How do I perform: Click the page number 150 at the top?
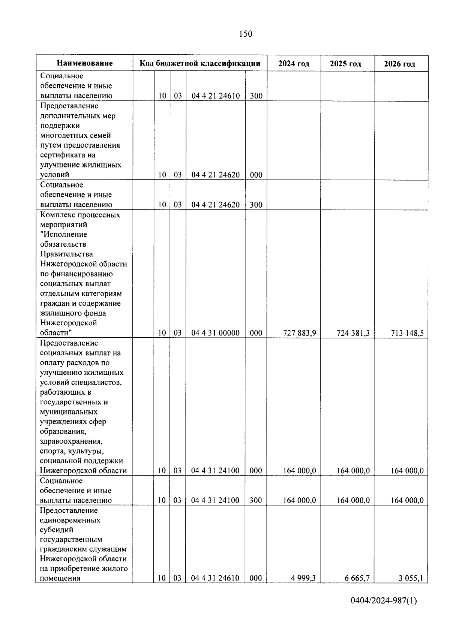pyautogui.click(x=246, y=34)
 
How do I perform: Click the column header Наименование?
pyautogui.click(x=85, y=63)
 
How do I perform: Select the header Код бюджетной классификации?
pyautogui.click(x=200, y=63)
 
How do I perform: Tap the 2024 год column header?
pyautogui.click(x=294, y=64)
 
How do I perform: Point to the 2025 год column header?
pyautogui.click(x=345, y=64)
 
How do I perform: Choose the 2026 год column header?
pyautogui.click(x=399, y=64)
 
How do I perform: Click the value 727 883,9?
pyautogui.click(x=299, y=333)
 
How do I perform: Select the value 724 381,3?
pyautogui.click(x=353, y=333)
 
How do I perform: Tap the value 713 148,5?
pyautogui.click(x=407, y=333)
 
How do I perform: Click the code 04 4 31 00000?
pyautogui.click(x=215, y=333)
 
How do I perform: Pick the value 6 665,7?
pyautogui.click(x=357, y=578)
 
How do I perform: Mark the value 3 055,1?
pyautogui.click(x=411, y=578)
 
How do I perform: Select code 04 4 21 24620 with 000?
pyautogui.click(x=216, y=175)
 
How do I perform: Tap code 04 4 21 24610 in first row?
pyautogui.click(x=216, y=96)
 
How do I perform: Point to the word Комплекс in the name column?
pyautogui.click(x=56, y=215)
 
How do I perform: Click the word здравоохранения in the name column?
pyautogui.click(x=70, y=441)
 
